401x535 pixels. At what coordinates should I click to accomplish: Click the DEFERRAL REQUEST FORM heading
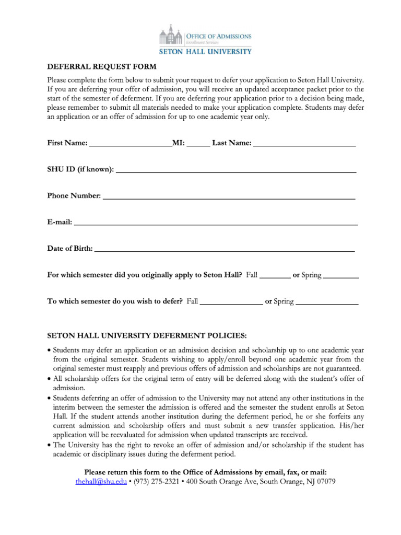[x=102, y=67]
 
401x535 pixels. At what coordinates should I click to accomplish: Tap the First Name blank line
[x=131, y=145]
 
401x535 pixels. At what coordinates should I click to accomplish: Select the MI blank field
[x=198, y=145]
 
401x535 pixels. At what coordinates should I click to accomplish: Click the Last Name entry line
[x=304, y=145]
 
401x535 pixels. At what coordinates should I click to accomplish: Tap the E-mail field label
[x=60, y=222]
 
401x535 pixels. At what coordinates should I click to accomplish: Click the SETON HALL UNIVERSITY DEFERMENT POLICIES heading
[x=147, y=334]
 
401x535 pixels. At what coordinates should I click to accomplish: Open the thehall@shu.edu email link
[x=101, y=481]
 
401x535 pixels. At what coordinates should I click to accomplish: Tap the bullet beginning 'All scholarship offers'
[x=50, y=379]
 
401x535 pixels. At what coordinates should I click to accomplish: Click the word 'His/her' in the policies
[x=352, y=426]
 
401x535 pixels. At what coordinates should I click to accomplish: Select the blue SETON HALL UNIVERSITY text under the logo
[x=205, y=51]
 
